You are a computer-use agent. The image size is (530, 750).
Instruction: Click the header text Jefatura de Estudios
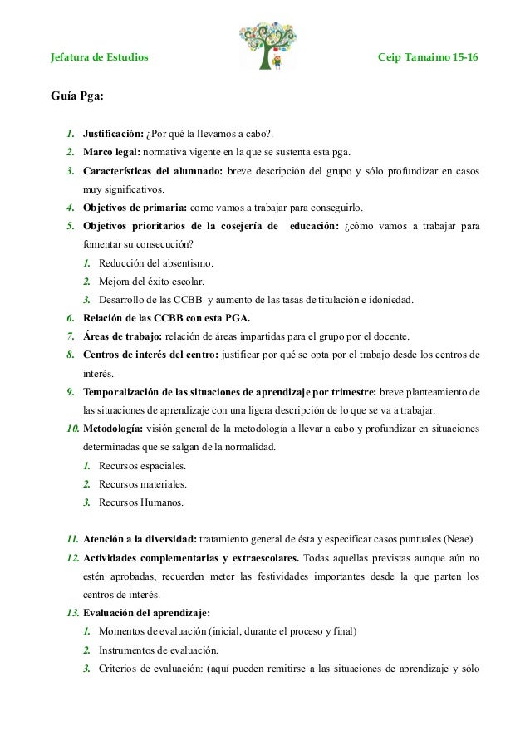(101, 59)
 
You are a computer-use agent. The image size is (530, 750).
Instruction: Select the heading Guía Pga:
(78, 96)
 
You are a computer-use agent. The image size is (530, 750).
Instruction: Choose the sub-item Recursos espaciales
(142, 466)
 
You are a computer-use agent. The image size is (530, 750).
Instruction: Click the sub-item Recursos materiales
(142, 484)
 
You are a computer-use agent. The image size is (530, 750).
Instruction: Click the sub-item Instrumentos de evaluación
(158, 650)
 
